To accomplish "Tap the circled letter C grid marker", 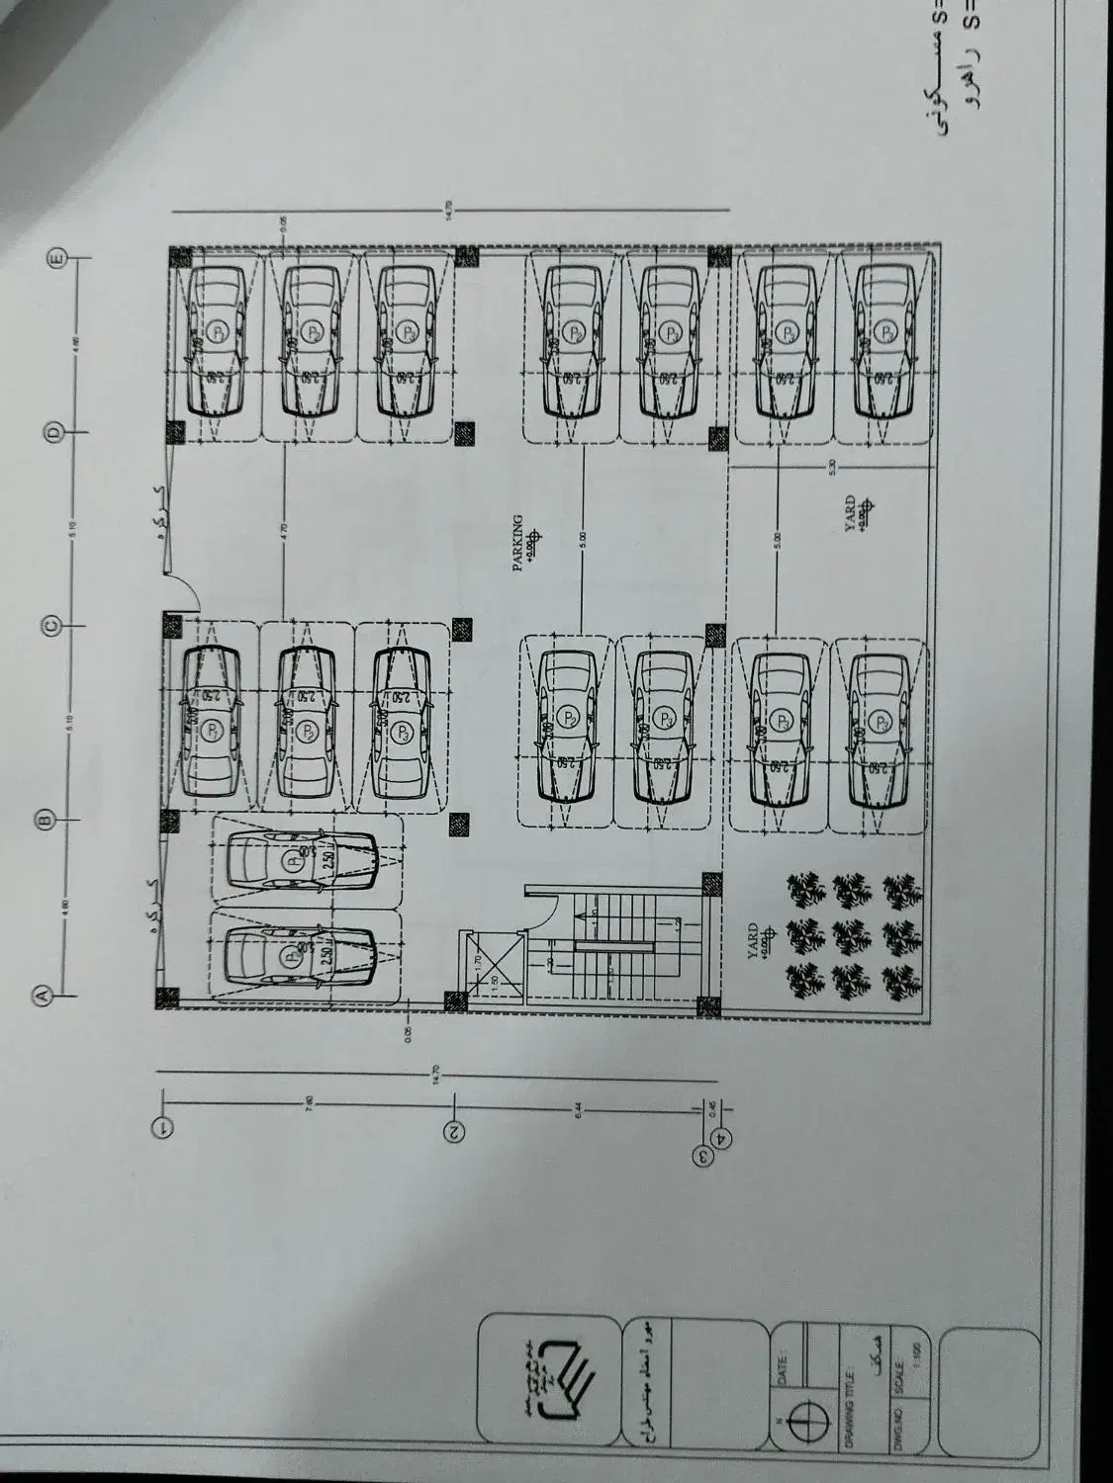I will point(50,625).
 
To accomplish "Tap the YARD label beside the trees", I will point(752,936).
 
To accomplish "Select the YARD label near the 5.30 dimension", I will point(850,515).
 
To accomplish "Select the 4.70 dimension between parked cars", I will point(284,527).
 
